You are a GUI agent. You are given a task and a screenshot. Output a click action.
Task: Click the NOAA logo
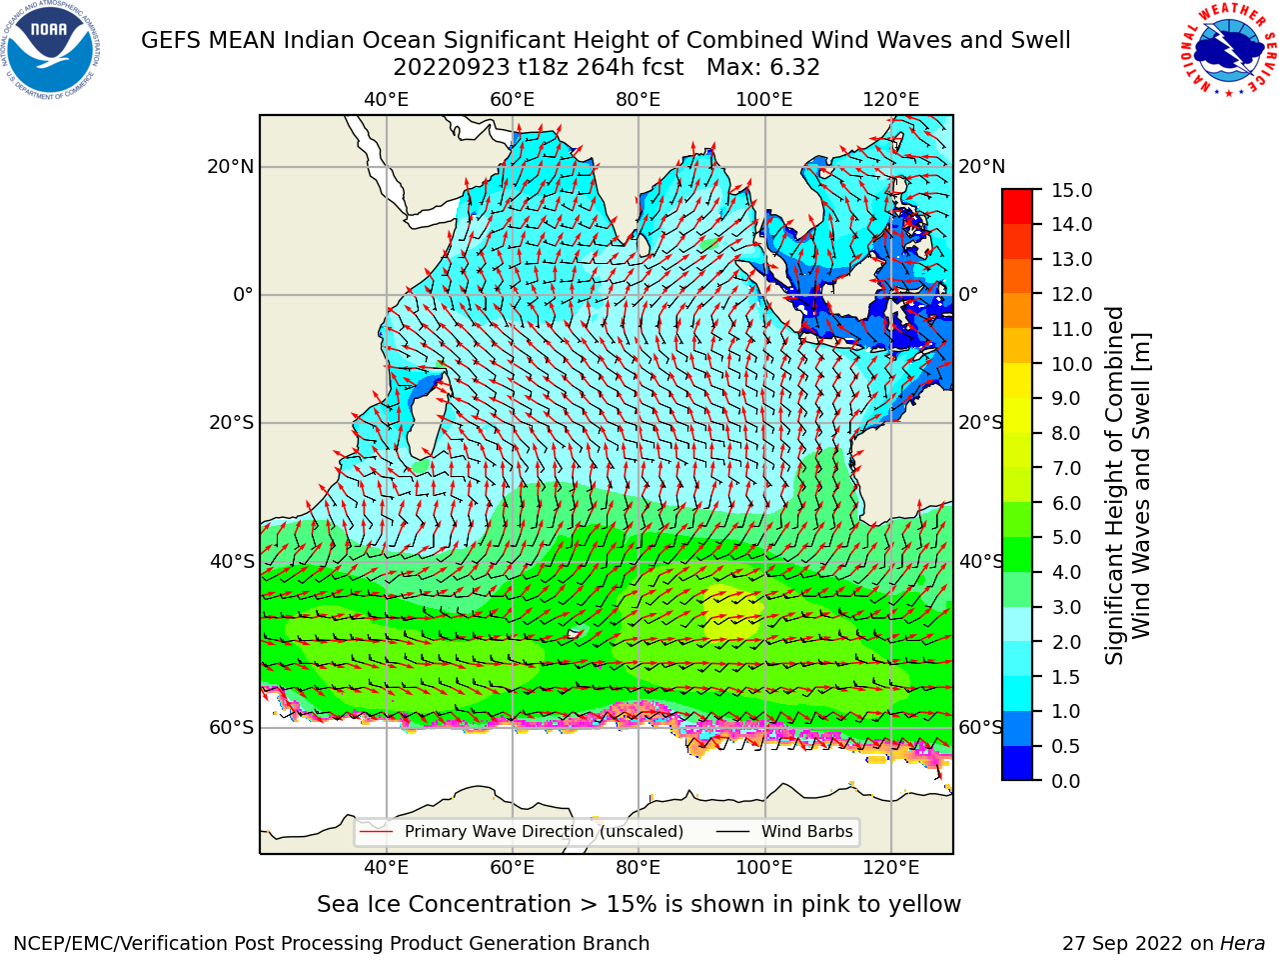[x=51, y=50]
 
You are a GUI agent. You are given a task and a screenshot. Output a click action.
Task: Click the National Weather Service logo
[x=1228, y=50]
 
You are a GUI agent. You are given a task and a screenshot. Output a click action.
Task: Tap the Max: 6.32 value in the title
[x=762, y=68]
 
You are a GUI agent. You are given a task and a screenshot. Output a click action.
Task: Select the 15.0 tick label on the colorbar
[x=1071, y=190]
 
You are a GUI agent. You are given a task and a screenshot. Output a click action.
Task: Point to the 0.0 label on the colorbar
[x=1066, y=781]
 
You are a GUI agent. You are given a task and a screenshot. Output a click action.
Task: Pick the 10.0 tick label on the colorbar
[x=1071, y=364]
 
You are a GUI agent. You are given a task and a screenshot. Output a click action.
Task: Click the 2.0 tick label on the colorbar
[x=1066, y=642]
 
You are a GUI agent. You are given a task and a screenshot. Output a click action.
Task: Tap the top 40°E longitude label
[x=386, y=100]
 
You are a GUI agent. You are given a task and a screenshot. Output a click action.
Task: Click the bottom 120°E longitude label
[x=890, y=867]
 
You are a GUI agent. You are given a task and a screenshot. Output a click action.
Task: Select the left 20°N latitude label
[x=231, y=167]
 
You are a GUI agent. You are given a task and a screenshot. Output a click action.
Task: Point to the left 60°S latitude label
[x=232, y=727]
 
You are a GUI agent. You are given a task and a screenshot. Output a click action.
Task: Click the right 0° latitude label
[x=968, y=294]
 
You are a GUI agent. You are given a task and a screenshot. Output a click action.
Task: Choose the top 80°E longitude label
[x=639, y=100]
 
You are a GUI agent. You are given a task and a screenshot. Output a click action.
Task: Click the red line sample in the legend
[x=377, y=832]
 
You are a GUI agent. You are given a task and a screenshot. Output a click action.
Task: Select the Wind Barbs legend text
[x=807, y=832]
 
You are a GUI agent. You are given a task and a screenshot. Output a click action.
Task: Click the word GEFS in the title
[x=172, y=41]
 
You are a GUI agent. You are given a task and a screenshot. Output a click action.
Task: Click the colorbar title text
[x=1127, y=485]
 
